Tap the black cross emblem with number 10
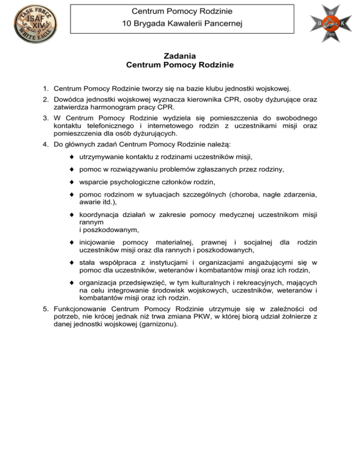click(x=330, y=23)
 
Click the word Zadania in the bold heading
click(x=180, y=56)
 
